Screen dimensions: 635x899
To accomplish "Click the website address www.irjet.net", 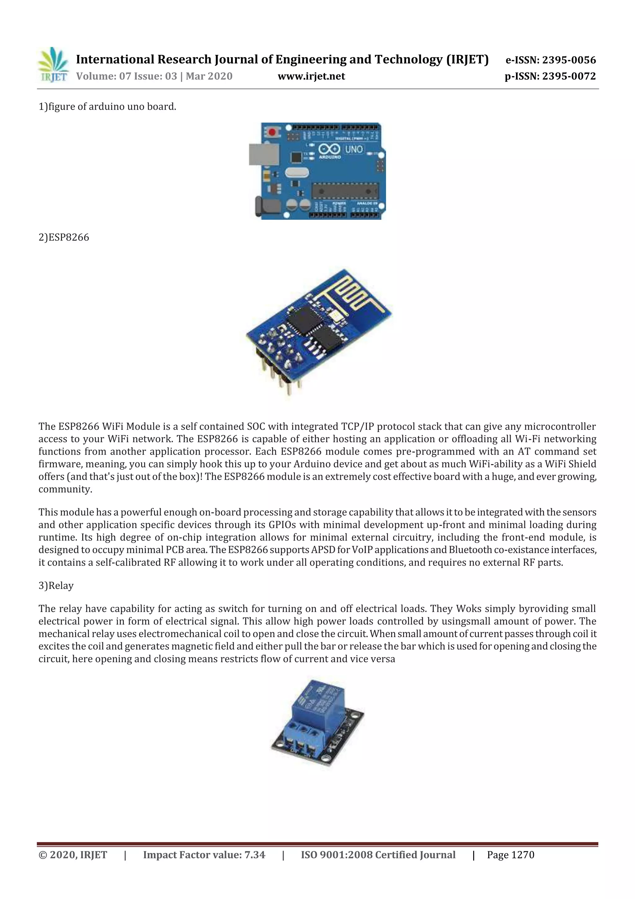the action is tap(311, 76).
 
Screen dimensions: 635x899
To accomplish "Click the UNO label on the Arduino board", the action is tap(354, 149).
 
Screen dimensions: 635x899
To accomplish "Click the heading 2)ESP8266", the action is tap(64, 238).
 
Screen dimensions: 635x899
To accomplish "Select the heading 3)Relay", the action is tap(56, 586).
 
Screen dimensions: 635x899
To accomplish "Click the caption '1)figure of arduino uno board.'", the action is tap(107, 107).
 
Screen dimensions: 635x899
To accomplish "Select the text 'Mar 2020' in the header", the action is tap(209, 76).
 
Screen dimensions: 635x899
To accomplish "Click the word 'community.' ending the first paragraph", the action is tap(65, 489).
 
